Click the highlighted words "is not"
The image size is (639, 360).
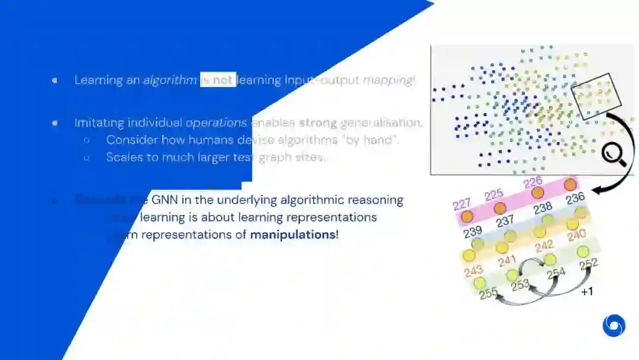[x=218, y=80]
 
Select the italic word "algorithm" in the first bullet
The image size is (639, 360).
[x=170, y=80]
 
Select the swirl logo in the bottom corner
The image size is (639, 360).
[x=614, y=325]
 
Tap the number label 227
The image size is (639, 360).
[x=462, y=205]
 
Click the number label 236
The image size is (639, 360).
[x=575, y=199]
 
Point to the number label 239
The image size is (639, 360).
[x=472, y=230]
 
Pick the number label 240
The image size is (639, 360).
[x=576, y=236]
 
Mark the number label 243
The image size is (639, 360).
[x=474, y=271]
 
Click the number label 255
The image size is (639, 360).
[x=488, y=293]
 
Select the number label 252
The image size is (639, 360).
[x=589, y=264]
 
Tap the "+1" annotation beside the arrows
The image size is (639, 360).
[x=587, y=292]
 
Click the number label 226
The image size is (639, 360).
[x=533, y=181]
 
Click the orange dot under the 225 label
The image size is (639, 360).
[x=500, y=208]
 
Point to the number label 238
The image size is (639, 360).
[x=542, y=208]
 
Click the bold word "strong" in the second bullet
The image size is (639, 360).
[x=318, y=123]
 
